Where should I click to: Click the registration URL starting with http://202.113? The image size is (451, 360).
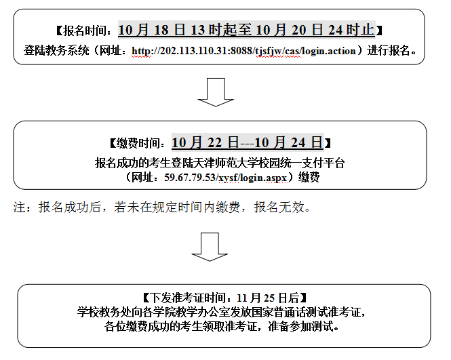[x=244, y=51]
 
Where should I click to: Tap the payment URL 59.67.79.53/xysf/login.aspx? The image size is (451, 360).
[x=226, y=178]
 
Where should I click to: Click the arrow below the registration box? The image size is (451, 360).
[x=216, y=92]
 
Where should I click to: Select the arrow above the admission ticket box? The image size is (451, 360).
[x=210, y=247]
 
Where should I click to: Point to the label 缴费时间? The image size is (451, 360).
[x=138, y=143]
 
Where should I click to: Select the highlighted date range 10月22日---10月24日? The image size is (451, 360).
[x=248, y=142]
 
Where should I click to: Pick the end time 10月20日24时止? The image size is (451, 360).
[x=315, y=30]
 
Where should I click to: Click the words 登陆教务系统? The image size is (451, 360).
[x=56, y=51]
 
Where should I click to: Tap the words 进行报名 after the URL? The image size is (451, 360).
[x=388, y=51]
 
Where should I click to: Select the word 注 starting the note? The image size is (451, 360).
[x=19, y=207]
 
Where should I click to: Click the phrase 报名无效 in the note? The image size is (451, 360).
[x=279, y=207]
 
